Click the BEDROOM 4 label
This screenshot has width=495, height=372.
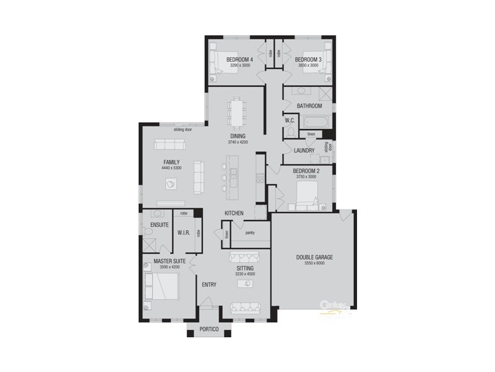coord(239,59)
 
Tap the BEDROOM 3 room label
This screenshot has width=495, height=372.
coord(307,59)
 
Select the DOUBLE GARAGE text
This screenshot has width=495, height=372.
coord(314,257)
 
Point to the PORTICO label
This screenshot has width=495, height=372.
coord(209,329)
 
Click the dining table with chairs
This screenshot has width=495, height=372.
coord(237,112)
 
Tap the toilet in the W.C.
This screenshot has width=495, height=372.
coord(290,131)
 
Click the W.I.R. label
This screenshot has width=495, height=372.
coord(183,233)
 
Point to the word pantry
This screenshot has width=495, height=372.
coord(250,233)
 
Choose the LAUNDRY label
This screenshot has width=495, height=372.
coord(304,151)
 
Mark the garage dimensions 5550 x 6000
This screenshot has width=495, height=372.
coord(314,263)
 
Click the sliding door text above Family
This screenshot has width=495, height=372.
coord(183,130)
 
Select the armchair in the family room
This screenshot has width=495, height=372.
coord(170,184)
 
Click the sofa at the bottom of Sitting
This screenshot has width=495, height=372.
coord(243,308)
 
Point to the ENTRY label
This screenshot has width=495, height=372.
coord(209,285)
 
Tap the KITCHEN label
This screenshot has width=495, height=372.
coord(234,213)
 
